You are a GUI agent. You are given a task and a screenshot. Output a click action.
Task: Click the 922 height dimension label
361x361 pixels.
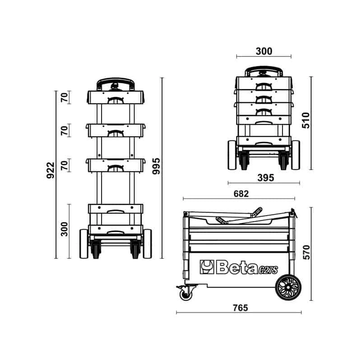(51, 171)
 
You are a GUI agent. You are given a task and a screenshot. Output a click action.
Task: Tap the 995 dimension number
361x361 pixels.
(156, 166)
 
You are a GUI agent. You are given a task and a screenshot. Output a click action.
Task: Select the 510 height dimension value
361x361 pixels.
(306, 120)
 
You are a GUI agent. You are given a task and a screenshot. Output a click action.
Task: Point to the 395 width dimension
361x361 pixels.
(266, 178)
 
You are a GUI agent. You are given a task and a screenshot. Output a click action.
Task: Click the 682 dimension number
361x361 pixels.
(241, 194)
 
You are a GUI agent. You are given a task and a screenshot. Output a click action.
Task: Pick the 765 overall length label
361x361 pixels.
(241, 308)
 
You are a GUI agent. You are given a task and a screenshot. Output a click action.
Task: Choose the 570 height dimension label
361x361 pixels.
(306, 253)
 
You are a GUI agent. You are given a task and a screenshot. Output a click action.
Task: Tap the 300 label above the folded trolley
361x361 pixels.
(264, 51)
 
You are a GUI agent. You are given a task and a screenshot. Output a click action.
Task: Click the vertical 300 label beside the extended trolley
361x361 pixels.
(64, 229)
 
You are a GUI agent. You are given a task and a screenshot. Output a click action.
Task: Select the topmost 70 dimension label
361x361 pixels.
(64, 97)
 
